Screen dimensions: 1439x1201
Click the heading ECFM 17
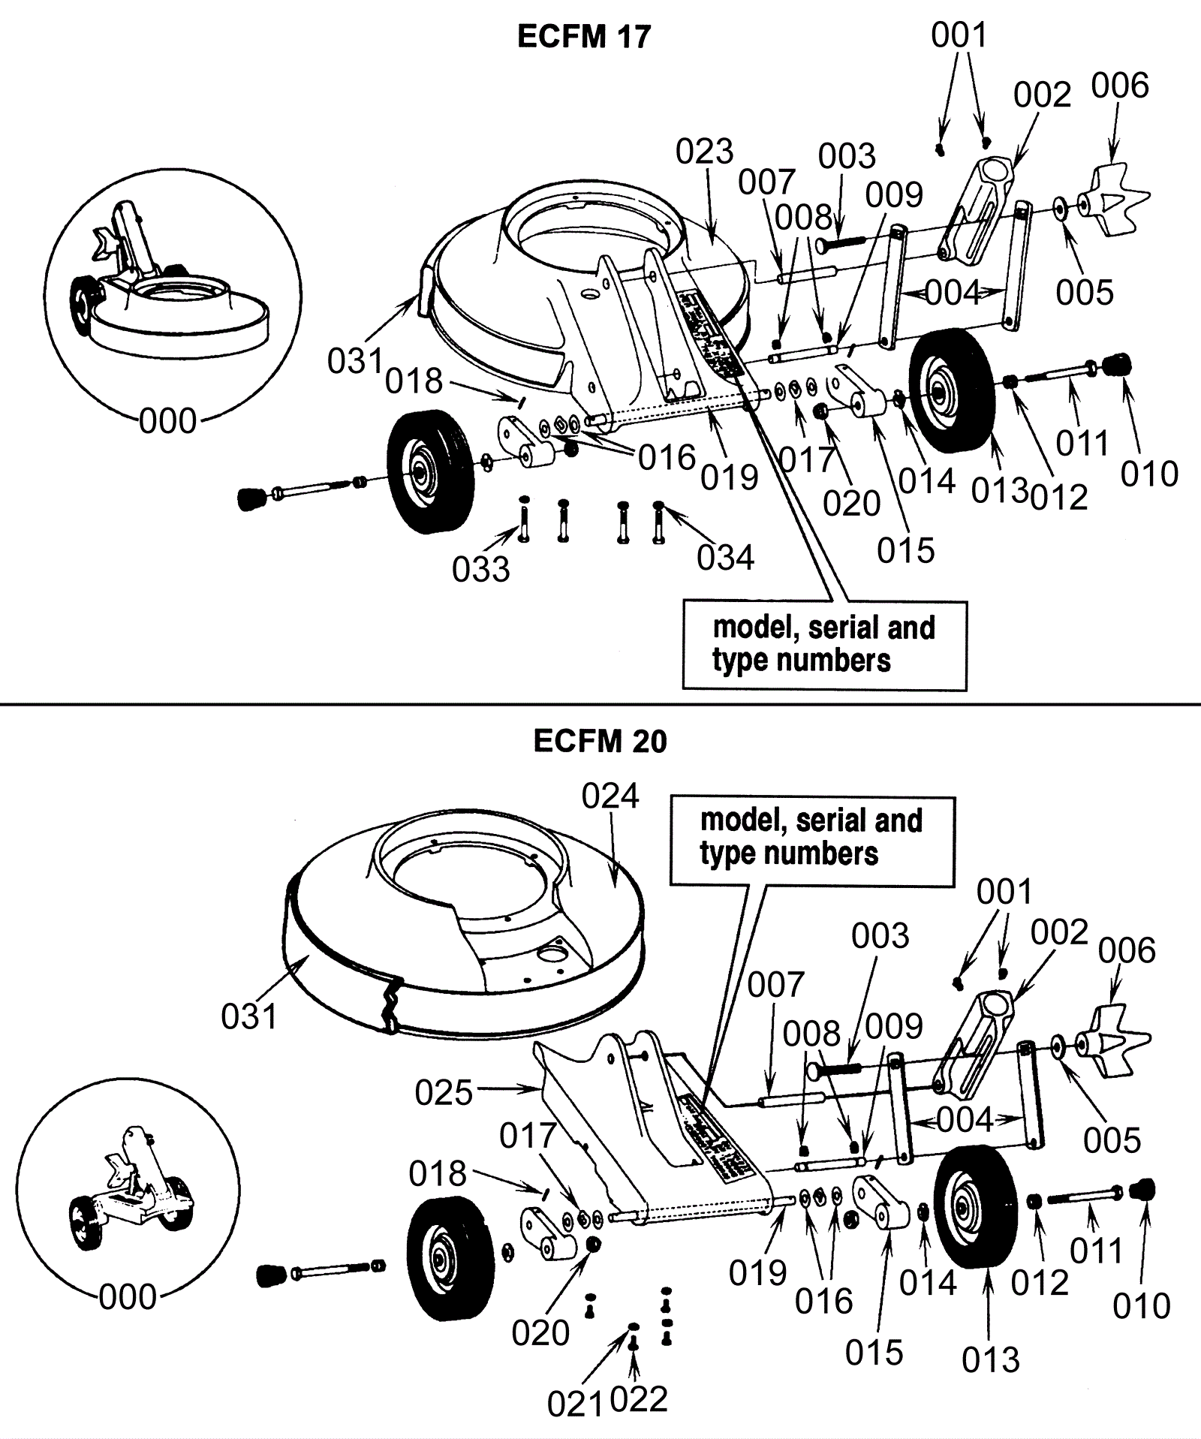point(584,37)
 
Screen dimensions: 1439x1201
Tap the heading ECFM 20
point(600,742)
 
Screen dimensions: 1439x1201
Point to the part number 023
point(704,152)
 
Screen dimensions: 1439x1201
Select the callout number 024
point(610,796)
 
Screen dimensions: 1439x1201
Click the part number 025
point(444,1093)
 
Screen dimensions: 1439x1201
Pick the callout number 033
point(480,570)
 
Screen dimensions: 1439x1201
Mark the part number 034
point(725,558)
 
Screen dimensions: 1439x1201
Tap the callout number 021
point(575,1404)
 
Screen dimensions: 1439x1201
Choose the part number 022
point(639,1400)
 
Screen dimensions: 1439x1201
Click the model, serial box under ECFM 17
point(824,645)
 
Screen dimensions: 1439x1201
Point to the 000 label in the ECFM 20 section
point(128,1297)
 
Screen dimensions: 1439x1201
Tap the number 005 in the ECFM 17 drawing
point(1085,293)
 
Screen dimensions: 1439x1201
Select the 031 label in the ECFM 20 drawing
point(249,1017)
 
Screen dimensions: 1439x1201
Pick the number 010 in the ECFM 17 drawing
point(1149,474)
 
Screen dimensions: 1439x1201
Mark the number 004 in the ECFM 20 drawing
point(965,1121)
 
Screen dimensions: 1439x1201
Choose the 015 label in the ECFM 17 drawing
point(906,551)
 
